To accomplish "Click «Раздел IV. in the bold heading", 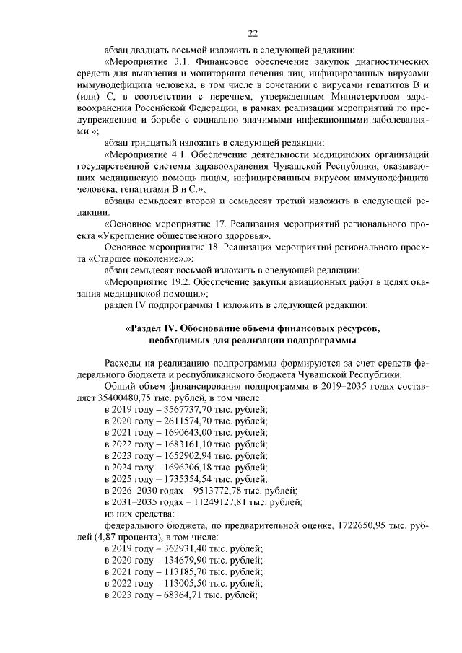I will pyautogui.click(x=152, y=328).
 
